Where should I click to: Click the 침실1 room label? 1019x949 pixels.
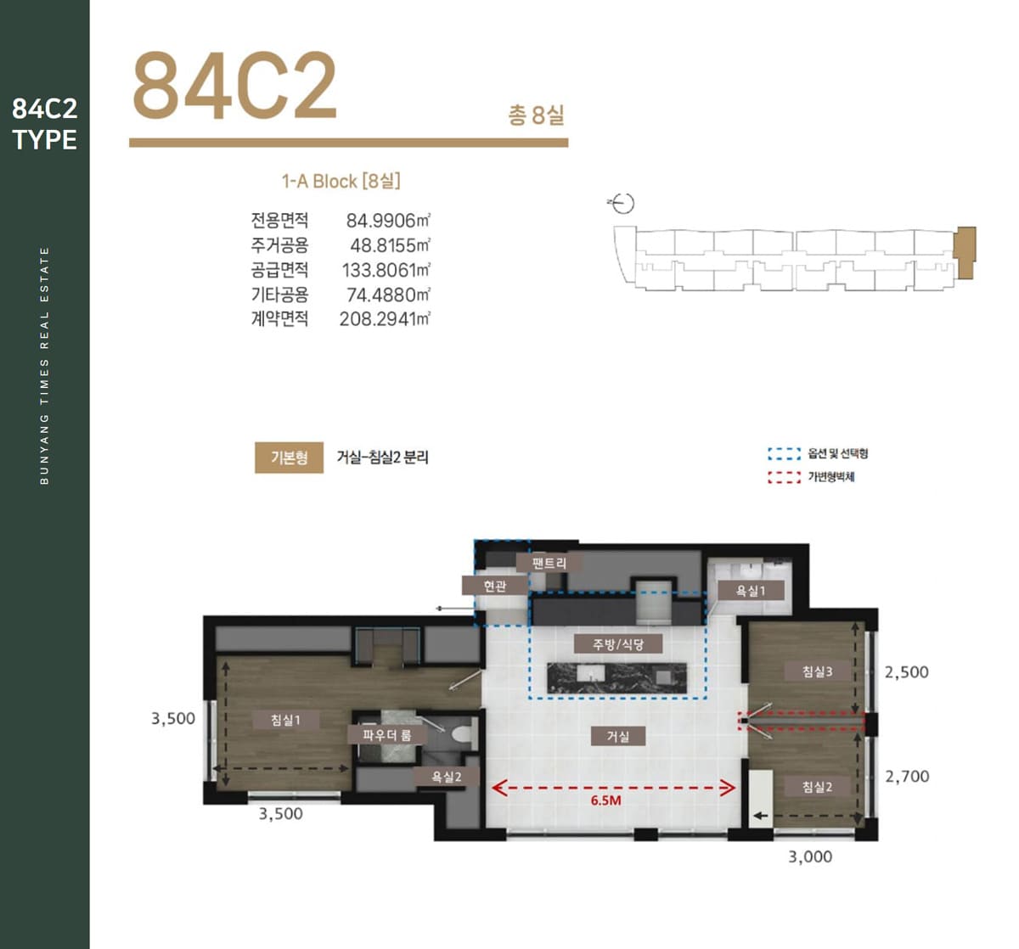coord(286,720)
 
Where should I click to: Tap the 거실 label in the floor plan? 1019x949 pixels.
coord(617,737)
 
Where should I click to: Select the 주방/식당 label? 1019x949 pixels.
coord(617,643)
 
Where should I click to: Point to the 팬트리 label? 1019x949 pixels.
coord(549,563)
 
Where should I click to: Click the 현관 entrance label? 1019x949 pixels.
coord(495,586)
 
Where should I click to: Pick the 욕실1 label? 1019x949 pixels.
coord(751,591)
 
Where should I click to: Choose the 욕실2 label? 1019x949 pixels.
coord(447,777)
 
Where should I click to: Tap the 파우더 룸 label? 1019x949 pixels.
coord(387,735)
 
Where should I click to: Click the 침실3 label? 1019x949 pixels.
coord(817,671)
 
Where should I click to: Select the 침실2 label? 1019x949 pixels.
coord(817,786)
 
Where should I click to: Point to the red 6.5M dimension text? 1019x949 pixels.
coord(606,800)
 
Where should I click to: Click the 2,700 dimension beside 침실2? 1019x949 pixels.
coord(907,776)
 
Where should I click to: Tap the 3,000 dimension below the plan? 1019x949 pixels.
coord(810,856)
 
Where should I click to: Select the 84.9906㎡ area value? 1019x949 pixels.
coord(388,221)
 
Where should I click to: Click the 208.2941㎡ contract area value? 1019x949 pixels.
coord(385,319)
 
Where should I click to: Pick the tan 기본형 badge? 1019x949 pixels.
coord(290,457)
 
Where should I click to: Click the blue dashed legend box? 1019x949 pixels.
coord(784,453)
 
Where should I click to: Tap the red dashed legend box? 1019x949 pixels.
coord(784,477)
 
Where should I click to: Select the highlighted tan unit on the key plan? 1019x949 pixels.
coord(965,252)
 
